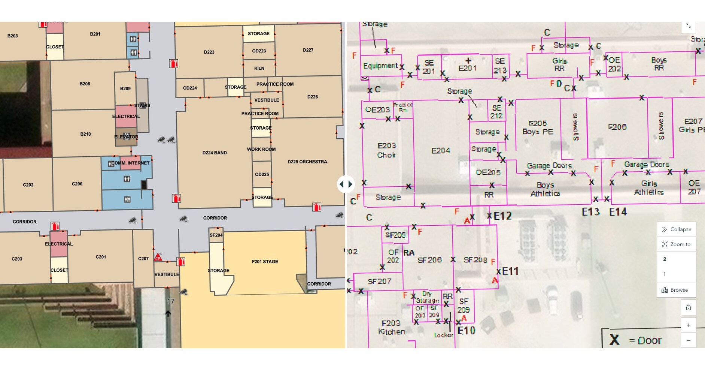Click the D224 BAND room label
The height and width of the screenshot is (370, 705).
(x=215, y=153)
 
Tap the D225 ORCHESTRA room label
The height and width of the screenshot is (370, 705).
(x=307, y=162)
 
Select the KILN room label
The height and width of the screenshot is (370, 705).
(x=259, y=68)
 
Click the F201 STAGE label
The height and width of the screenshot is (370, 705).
(x=265, y=262)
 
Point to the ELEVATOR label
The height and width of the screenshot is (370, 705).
(x=126, y=137)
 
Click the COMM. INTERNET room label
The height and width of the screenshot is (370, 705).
(x=130, y=163)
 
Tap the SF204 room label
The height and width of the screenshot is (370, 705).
(x=216, y=235)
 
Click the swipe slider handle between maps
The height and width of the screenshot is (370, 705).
(x=345, y=184)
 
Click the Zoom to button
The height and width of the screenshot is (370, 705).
(x=676, y=244)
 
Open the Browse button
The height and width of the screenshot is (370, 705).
(x=676, y=290)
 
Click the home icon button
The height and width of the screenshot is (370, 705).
(x=688, y=308)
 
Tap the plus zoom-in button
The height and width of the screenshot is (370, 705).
(x=688, y=325)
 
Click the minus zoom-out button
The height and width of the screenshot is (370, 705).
(x=688, y=340)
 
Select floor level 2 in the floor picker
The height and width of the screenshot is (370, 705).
(x=665, y=259)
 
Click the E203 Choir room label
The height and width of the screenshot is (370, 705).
(x=386, y=150)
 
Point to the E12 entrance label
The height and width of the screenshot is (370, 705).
(x=502, y=216)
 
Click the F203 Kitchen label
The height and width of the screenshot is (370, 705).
(x=391, y=327)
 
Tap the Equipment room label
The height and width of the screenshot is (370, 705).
(x=380, y=66)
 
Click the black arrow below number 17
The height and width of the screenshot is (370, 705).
(x=168, y=313)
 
